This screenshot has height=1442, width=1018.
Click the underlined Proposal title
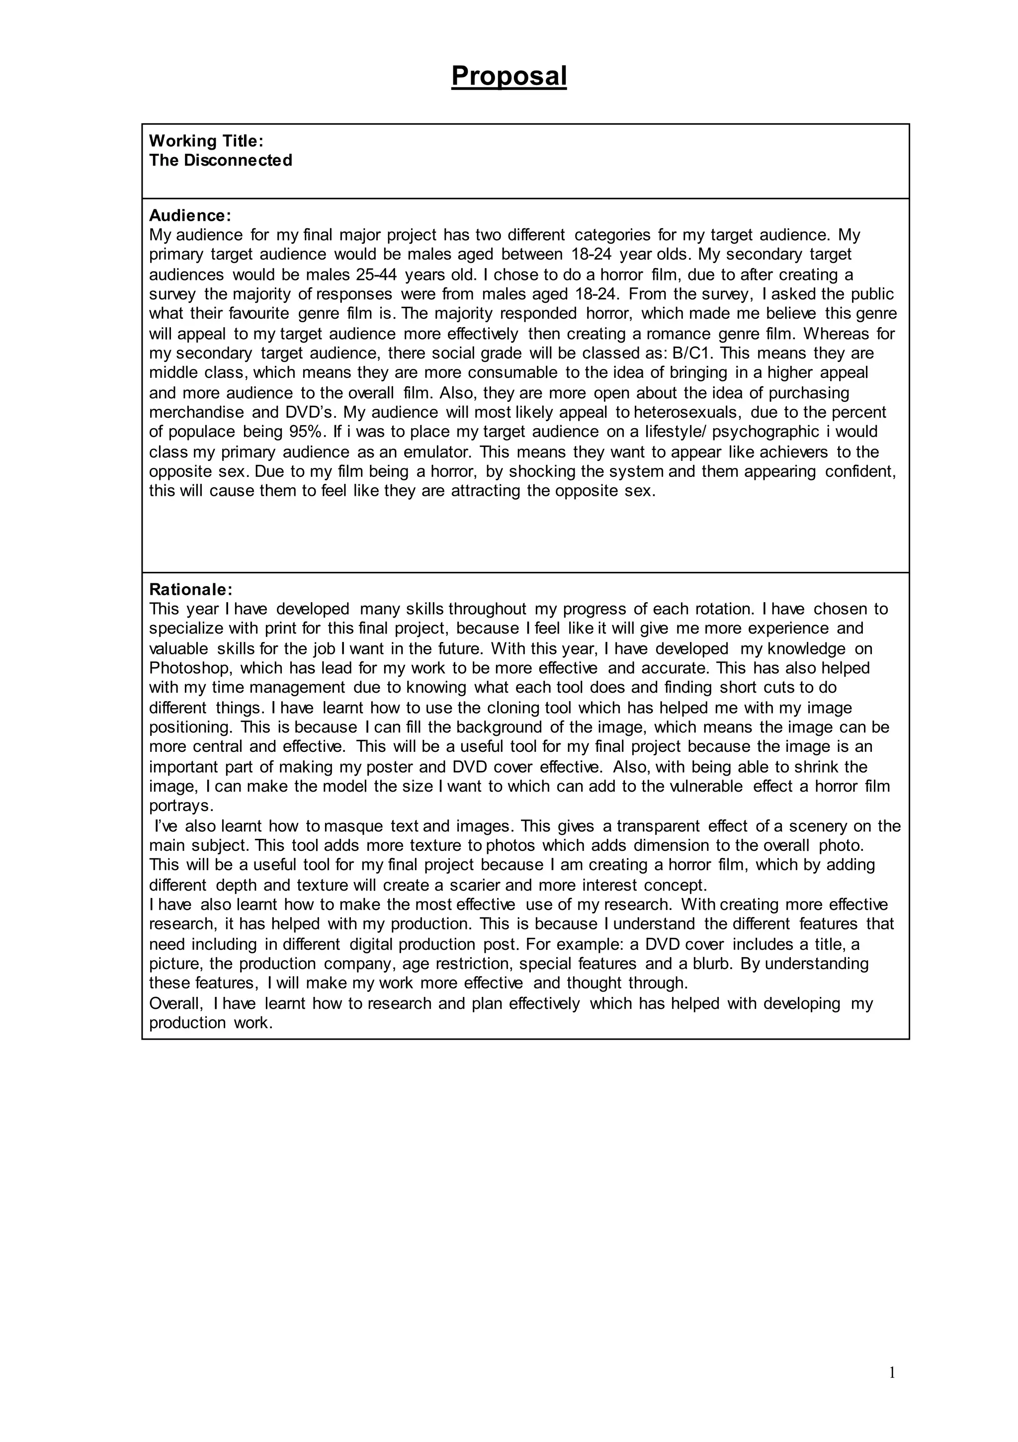point(509,77)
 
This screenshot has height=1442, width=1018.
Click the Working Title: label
point(206,141)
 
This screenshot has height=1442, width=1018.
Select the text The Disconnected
point(220,160)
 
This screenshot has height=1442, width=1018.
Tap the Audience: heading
point(190,215)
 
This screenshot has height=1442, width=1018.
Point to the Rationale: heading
point(191,590)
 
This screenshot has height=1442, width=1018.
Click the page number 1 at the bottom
point(892,1373)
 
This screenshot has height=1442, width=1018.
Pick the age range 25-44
point(376,274)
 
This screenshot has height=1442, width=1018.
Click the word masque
point(353,826)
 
